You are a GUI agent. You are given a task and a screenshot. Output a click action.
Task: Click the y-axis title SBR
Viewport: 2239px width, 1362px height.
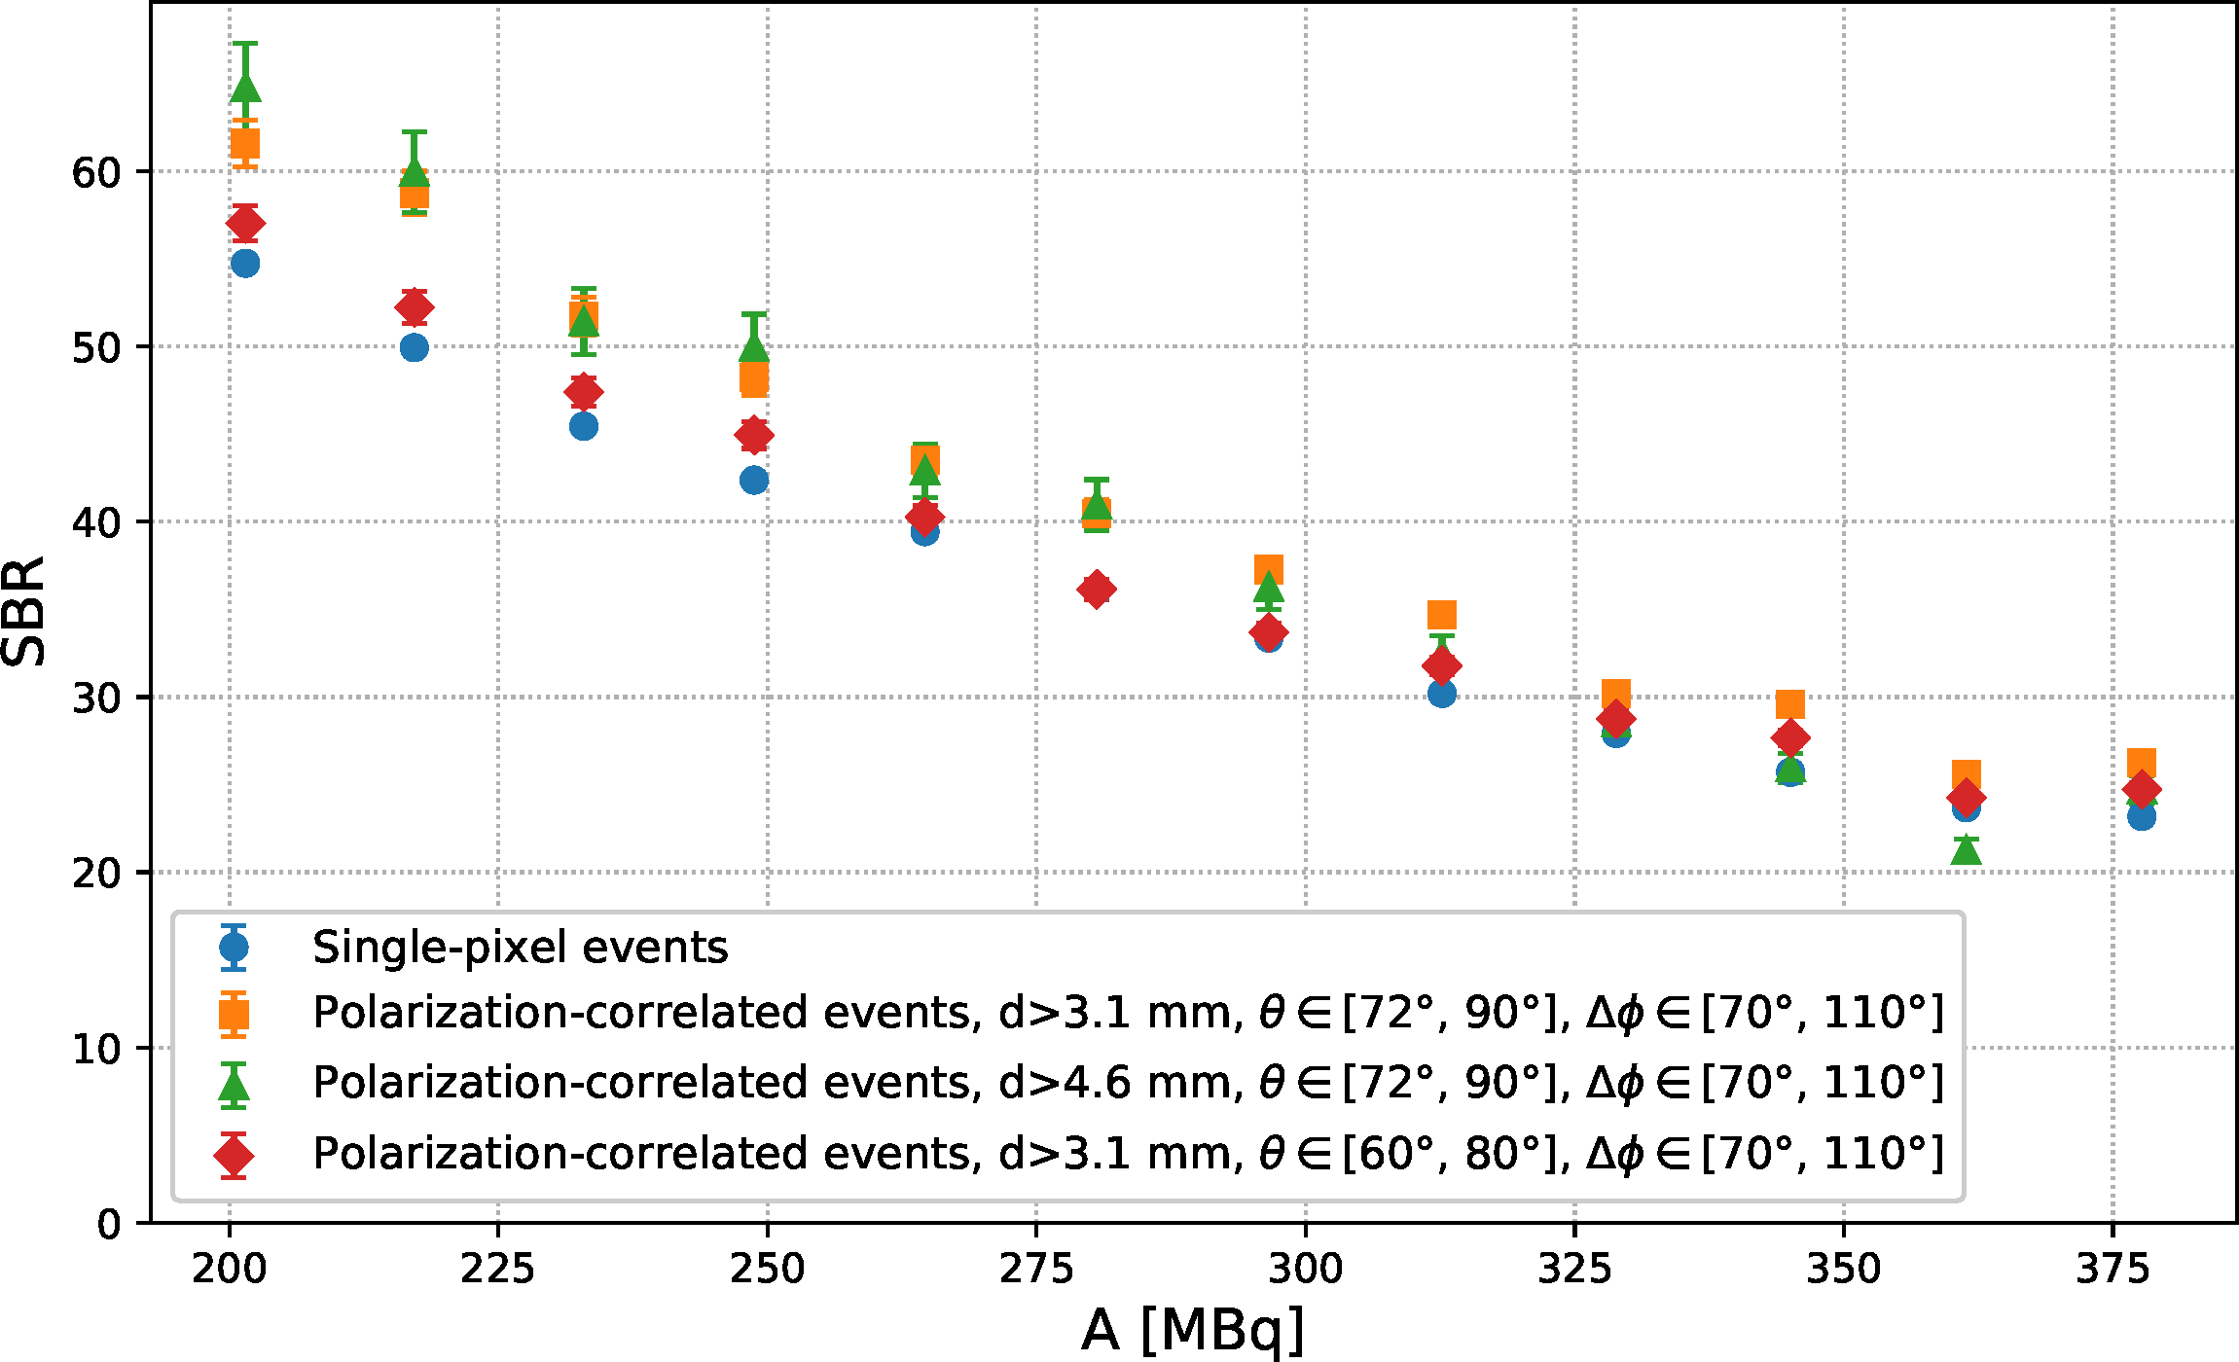[24, 611]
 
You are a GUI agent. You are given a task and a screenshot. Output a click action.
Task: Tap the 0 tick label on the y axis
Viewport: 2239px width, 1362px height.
[109, 1224]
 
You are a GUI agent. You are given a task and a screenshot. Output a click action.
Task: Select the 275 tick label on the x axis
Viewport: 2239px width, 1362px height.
[1036, 1269]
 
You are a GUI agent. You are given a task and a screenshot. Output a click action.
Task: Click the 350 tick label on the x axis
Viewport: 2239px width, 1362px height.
[1843, 1269]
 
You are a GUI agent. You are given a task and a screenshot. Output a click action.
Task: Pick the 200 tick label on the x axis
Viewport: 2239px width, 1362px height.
[230, 1269]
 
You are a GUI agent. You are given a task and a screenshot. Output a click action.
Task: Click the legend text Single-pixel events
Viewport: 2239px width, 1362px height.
[520, 947]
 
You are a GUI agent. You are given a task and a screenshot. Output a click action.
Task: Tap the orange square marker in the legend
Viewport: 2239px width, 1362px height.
[234, 1014]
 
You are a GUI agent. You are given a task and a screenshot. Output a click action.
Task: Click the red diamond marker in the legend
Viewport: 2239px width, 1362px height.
[234, 1155]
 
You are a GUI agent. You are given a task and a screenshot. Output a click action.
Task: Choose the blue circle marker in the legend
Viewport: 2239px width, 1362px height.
[234, 947]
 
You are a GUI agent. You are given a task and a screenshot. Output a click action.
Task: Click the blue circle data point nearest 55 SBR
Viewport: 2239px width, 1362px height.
[245, 263]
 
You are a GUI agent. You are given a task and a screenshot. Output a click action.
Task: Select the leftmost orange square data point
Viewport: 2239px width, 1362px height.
[245, 144]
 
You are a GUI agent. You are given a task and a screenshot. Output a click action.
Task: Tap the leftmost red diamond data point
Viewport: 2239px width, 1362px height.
[245, 223]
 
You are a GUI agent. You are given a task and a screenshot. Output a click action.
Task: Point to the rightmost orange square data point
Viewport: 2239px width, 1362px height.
[2141, 764]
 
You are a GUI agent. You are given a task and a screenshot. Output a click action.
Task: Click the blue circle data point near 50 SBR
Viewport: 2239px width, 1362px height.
[415, 347]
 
